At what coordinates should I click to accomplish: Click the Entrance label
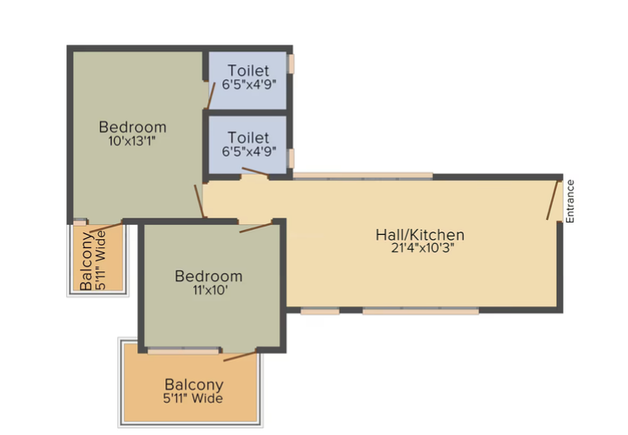[570, 201]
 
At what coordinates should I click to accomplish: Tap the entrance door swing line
[552, 200]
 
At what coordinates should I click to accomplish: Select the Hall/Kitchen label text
[420, 235]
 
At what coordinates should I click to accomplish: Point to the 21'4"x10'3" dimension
[422, 248]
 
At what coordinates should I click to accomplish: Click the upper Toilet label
[249, 70]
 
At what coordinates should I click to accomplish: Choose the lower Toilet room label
[249, 137]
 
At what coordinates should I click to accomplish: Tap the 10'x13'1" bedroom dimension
[131, 141]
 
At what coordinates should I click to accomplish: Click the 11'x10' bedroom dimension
[210, 290]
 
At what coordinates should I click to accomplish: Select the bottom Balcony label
[194, 385]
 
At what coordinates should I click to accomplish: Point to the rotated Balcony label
[87, 261]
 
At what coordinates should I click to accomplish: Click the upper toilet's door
[211, 95]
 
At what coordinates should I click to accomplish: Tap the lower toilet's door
[255, 171]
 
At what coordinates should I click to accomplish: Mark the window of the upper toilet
[291, 64]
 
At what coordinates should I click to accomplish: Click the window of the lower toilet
[291, 158]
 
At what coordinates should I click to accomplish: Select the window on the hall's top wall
[363, 175]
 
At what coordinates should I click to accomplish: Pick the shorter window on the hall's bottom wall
[320, 311]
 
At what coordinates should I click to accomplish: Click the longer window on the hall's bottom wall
[421, 311]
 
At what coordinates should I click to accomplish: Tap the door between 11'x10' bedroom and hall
[255, 227]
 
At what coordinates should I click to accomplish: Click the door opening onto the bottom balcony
[240, 356]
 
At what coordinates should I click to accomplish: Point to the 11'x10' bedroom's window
[183, 351]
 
